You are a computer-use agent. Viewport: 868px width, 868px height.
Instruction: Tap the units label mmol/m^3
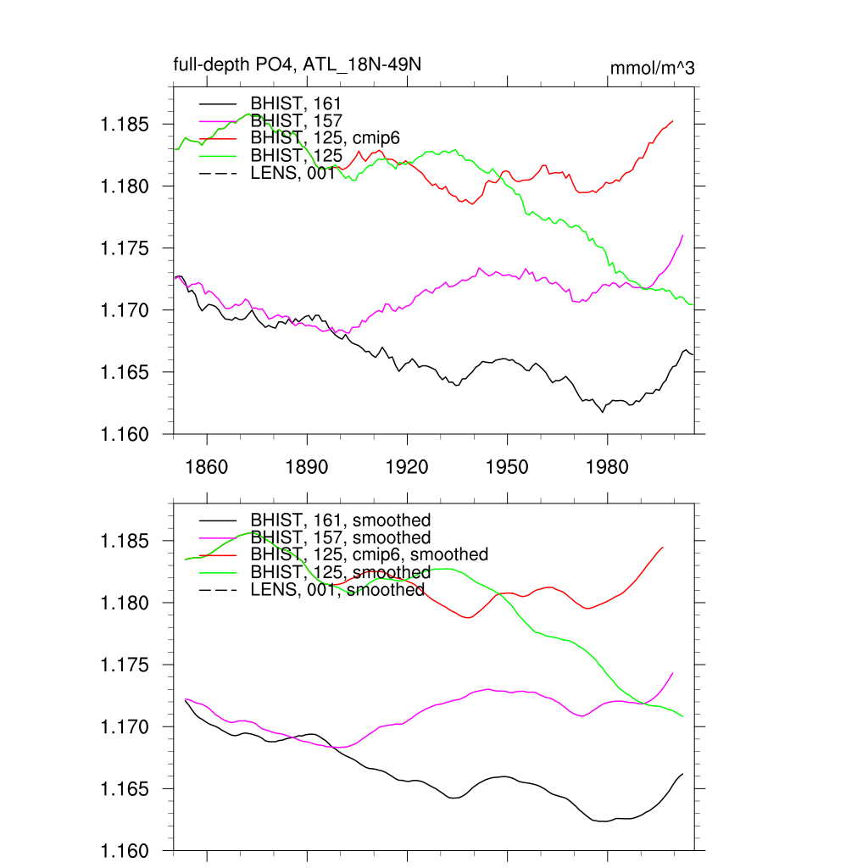click(652, 68)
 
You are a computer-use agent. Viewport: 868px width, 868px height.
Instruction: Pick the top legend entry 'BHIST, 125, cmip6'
click(325, 138)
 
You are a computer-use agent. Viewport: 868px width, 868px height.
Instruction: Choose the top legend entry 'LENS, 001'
click(292, 174)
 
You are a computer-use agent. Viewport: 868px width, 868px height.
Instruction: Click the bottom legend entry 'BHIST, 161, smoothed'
click(341, 520)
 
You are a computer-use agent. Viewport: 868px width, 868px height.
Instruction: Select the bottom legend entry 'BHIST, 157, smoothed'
click(341, 537)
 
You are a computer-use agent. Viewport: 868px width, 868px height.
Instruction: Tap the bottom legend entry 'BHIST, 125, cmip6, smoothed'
click(370, 554)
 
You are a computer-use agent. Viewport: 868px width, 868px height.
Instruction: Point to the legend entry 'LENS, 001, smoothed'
click(337, 590)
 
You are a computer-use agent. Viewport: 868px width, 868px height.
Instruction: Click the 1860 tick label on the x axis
click(207, 467)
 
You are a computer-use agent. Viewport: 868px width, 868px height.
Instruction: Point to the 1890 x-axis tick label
click(307, 467)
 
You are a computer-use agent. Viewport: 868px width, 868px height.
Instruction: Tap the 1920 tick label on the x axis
click(407, 467)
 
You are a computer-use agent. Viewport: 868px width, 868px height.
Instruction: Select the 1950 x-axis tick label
click(507, 467)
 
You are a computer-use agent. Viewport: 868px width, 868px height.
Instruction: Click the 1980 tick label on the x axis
click(607, 467)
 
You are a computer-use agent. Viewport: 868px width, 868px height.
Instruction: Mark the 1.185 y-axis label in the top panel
click(125, 125)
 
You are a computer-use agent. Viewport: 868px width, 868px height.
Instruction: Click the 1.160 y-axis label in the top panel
click(125, 435)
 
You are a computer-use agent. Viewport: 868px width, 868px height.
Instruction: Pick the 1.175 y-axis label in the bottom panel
click(125, 665)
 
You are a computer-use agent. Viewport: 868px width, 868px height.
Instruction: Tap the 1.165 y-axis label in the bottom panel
click(125, 789)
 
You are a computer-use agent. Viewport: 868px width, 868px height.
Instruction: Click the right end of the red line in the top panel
click(673, 120)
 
